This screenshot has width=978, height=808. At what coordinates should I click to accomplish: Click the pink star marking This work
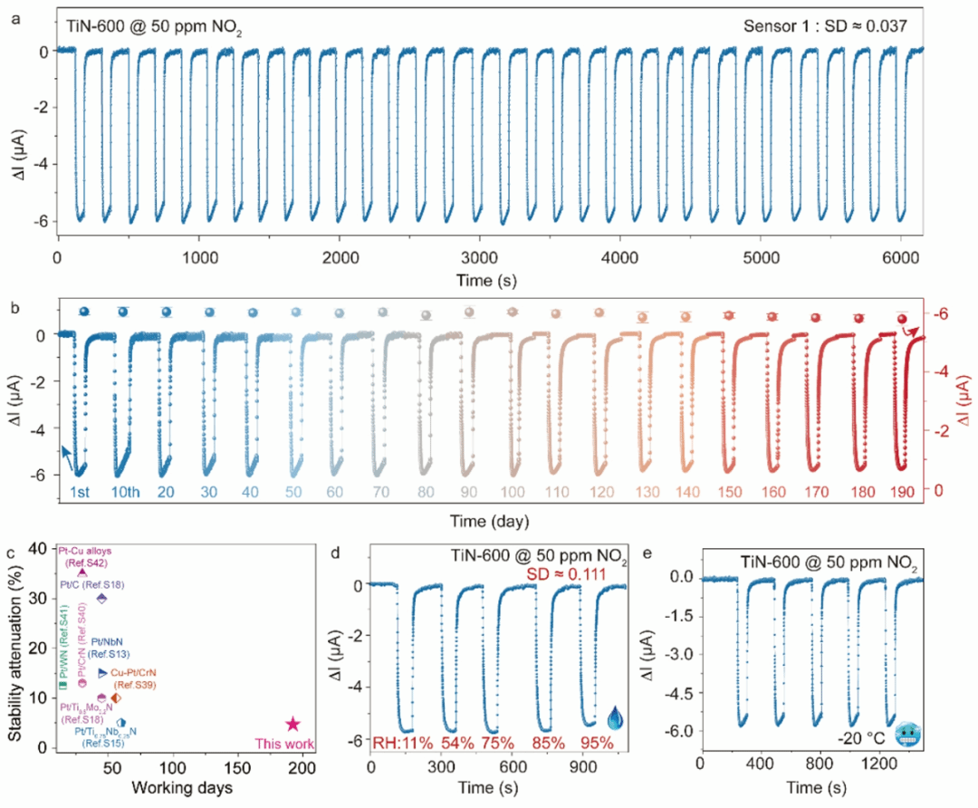point(292,724)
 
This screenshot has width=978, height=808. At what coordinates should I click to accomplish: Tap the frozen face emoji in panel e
point(906,735)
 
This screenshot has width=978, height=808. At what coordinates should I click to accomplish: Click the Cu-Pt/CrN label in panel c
point(133,673)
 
